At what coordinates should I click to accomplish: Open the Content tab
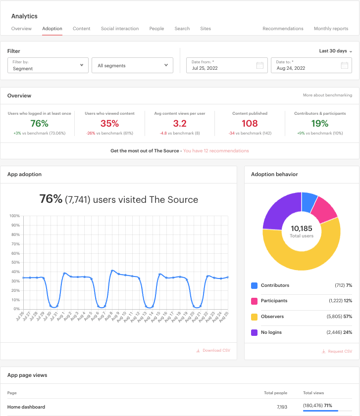[81, 29]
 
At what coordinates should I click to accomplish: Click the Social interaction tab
[120, 29]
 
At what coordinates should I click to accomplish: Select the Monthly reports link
[331, 29]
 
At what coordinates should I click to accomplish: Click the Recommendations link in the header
[283, 29]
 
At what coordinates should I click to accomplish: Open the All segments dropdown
[132, 65]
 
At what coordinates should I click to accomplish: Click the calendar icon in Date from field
[259, 65]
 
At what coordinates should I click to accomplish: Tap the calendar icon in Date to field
[345, 65]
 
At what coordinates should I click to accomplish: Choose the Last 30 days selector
[335, 51]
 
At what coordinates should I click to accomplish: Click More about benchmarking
[327, 95]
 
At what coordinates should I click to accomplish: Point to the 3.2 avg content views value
[180, 123]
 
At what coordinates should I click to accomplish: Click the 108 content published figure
[250, 123]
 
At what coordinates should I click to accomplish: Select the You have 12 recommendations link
[216, 151]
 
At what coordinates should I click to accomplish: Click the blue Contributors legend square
[254, 285]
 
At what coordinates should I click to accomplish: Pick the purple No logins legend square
[254, 332]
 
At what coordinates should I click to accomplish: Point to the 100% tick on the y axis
[14, 216]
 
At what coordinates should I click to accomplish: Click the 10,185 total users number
[302, 229]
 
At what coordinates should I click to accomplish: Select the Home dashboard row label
[26, 407]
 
